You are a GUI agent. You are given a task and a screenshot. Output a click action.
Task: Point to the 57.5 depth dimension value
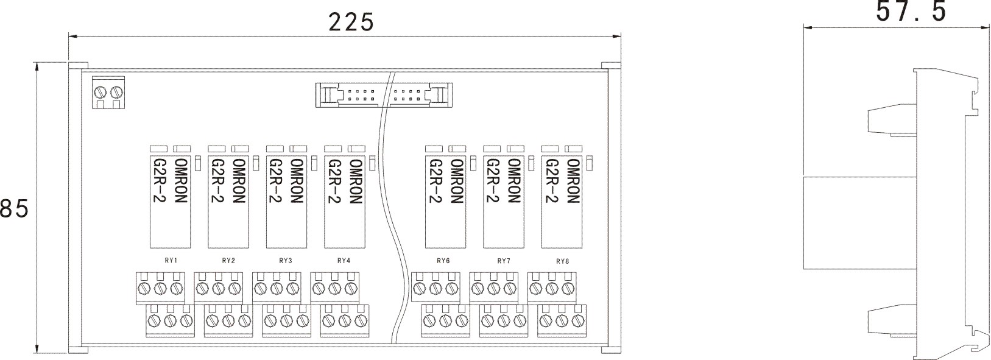[x=911, y=12]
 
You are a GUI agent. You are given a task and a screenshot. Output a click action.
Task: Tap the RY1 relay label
[x=171, y=261]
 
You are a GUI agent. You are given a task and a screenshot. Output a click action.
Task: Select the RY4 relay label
[x=344, y=261]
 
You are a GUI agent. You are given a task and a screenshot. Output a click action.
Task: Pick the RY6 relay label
[x=443, y=261]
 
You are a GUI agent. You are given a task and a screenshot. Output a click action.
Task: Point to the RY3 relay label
[x=286, y=261]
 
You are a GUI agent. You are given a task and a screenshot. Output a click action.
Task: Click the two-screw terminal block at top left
[x=108, y=93]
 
